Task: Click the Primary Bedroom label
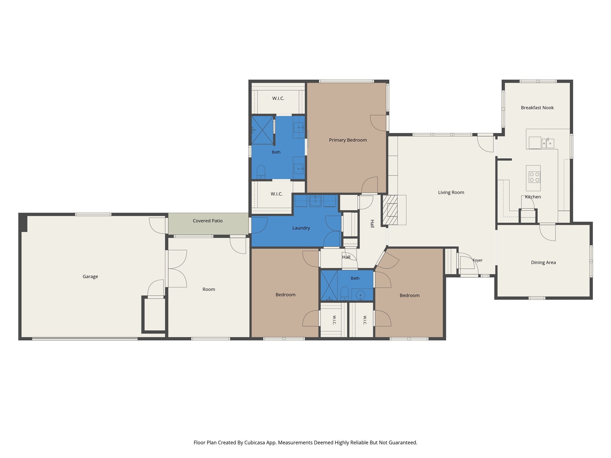click(348, 140)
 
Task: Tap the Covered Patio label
click(208, 221)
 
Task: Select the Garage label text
click(90, 277)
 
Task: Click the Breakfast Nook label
click(537, 108)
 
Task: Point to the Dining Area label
click(543, 263)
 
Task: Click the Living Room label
click(451, 193)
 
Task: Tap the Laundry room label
click(301, 228)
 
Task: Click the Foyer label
click(478, 260)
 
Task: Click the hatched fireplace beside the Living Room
click(390, 210)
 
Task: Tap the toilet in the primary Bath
click(261, 172)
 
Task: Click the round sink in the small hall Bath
click(360, 295)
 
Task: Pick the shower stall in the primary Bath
click(263, 130)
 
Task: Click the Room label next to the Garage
click(209, 290)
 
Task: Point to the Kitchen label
click(533, 197)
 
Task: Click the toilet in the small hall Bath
click(345, 293)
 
